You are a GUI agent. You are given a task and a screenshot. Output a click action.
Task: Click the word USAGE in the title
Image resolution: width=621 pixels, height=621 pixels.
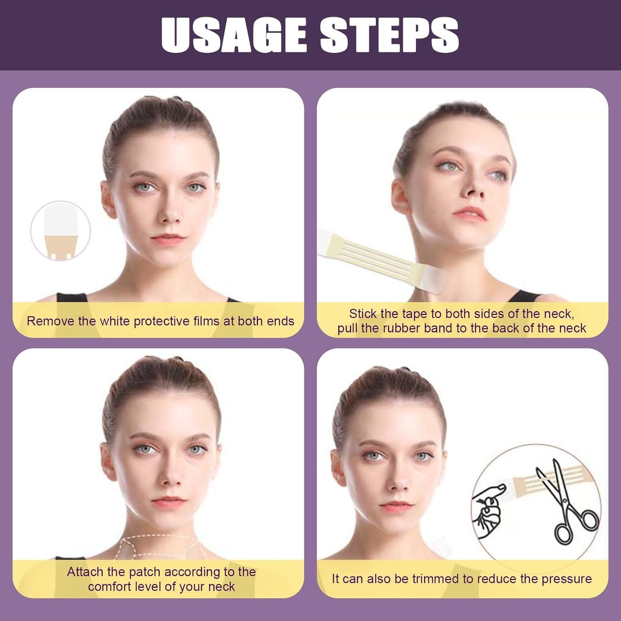[234, 35]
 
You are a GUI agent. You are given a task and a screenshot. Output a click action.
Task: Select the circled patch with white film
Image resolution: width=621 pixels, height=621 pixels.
[60, 230]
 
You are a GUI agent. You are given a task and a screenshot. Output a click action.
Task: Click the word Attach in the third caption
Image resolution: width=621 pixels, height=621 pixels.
[85, 572]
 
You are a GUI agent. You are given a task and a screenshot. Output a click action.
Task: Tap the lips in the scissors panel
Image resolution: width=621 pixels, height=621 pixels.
[396, 506]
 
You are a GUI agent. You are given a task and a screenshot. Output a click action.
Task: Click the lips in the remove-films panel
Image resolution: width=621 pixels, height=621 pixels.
[168, 239]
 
